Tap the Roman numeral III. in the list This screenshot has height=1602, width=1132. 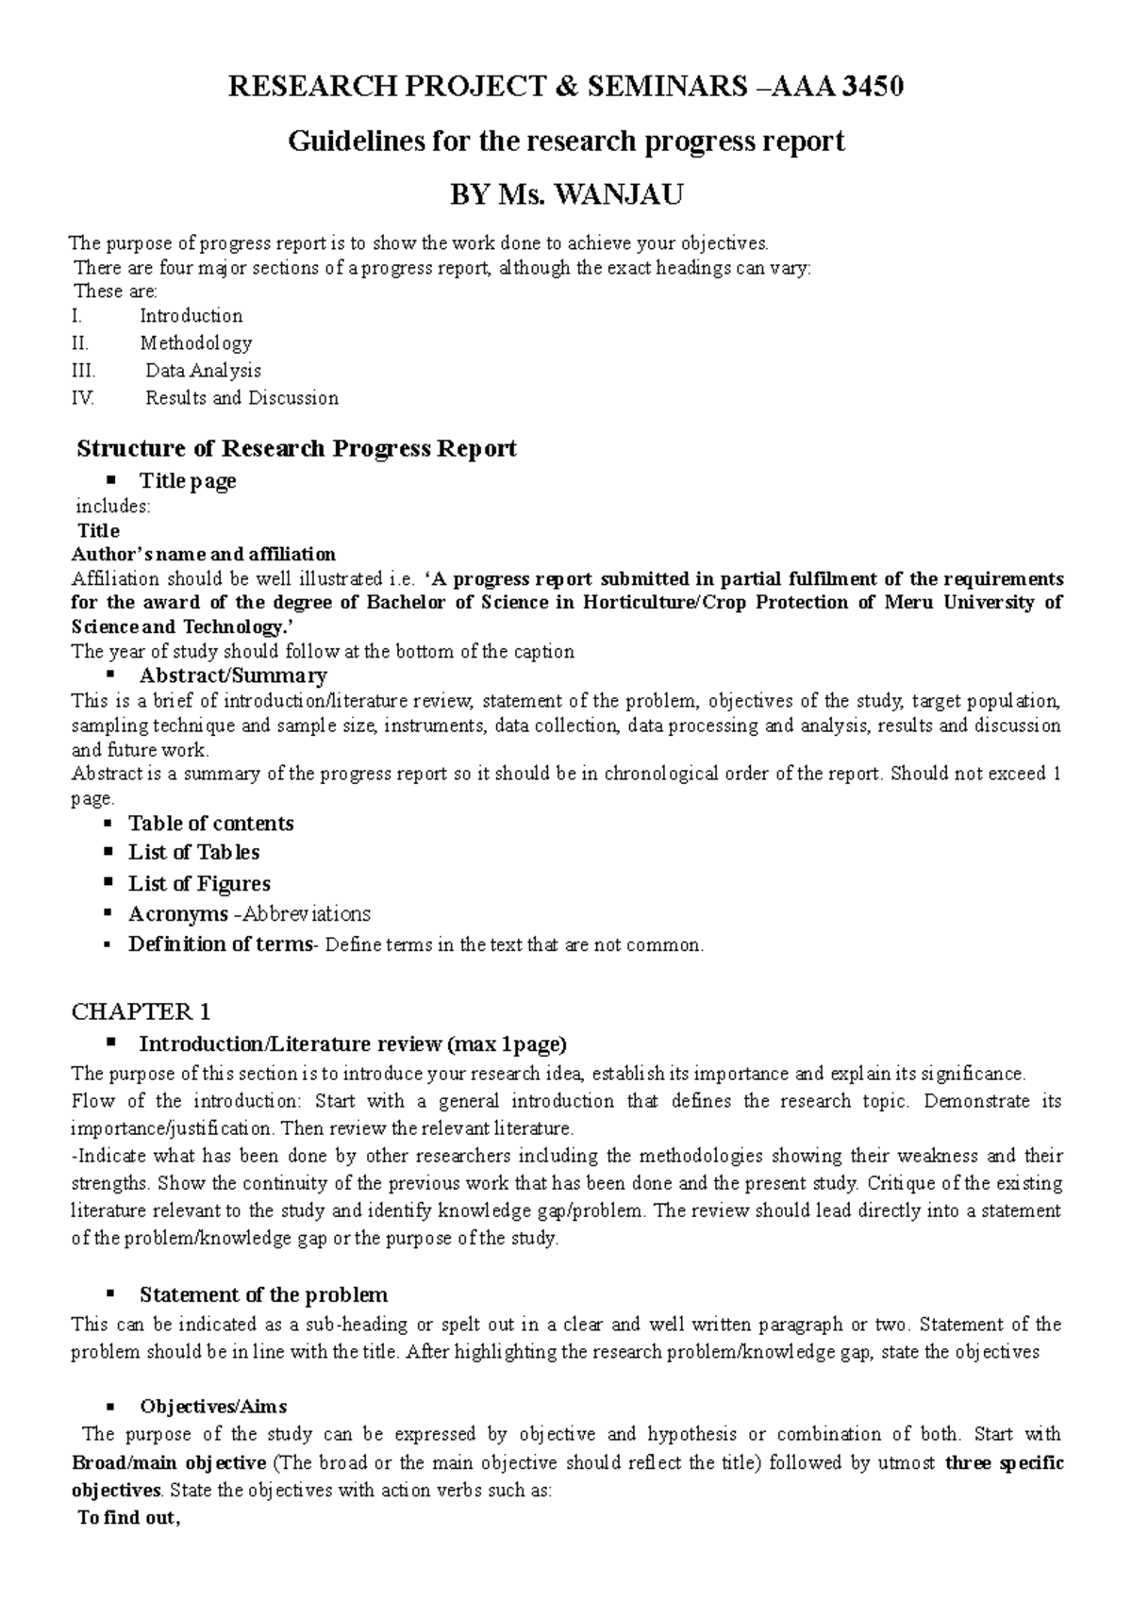pos(84,371)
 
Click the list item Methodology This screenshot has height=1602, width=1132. pos(196,343)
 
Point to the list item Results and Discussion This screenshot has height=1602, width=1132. pos(241,398)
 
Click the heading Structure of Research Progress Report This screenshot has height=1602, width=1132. pos(296,448)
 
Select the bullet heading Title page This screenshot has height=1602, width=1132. pos(187,481)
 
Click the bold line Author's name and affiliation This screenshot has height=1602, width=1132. pos(204,554)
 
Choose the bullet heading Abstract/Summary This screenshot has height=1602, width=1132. pos(233,676)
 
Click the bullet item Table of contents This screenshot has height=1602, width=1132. pos(211,824)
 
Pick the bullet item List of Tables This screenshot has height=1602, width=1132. pos(193,853)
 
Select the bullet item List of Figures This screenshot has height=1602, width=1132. pos(199,884)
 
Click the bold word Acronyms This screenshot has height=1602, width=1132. pos(178,914)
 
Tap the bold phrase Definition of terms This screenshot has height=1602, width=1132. pos(220,944)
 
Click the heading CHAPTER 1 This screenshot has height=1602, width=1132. pos(141,1012)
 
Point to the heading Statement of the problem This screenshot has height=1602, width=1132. pos(263,1294)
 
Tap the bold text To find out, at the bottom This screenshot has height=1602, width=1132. pos(128,1520)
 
